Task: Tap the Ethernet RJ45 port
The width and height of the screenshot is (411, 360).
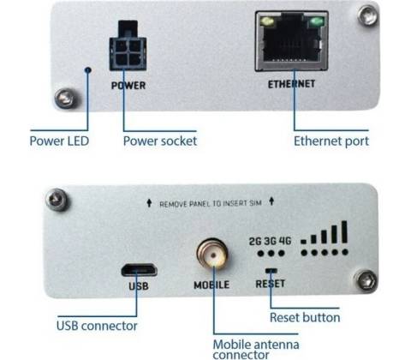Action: click(x=291, y=41)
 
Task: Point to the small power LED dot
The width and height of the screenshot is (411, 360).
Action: click(x=88, y=69)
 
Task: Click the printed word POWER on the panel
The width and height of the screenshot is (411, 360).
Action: click(x=128, y=86)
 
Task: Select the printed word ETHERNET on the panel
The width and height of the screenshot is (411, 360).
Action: click(x=291, y=84)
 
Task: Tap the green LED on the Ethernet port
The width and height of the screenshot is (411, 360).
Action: click(x=316, y=21)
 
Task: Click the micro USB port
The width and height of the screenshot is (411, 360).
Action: click(x=140, y=270)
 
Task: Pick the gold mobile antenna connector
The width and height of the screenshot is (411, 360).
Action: click(x=212, y=254)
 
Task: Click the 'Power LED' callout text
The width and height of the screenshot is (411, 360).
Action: click(x=59, y=141)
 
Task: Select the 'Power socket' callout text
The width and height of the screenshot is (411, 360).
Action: click(x=160, y=141)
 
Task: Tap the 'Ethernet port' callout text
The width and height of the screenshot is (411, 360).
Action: click(x=331, y=141)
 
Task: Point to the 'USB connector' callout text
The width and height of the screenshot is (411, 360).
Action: click(x=97, y=326)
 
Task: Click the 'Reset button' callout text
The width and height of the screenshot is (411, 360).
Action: click(x=305, y=318)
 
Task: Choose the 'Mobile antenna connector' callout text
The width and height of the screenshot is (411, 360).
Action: click(x=256, y=349)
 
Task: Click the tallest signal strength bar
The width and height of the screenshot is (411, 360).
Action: click(x=344, y=231)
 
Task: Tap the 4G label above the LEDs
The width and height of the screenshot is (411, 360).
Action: click(x=285, y=241)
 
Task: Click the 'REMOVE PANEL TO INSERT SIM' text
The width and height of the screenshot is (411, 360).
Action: click(x=211, y=204)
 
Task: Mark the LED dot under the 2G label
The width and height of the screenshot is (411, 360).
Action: click(x=260, y=253)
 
